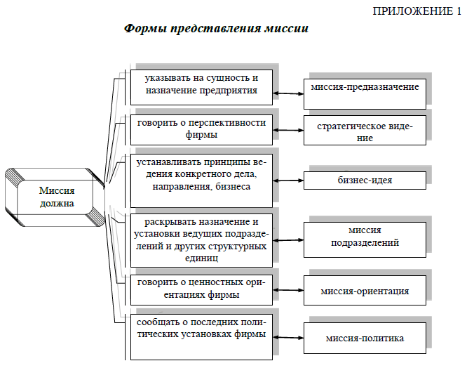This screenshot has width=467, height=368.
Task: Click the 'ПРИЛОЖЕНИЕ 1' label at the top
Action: coord(417,11)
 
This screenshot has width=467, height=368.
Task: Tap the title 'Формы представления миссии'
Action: coord(216,29)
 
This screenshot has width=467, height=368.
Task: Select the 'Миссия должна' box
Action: coord(55,197)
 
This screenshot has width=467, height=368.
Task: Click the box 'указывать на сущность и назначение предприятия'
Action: coord(201,87)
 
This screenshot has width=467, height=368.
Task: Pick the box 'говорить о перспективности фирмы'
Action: coord(201,130)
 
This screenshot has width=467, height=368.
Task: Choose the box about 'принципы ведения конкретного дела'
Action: coord(201,180)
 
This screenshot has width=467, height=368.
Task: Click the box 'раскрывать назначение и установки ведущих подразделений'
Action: coord(201,240)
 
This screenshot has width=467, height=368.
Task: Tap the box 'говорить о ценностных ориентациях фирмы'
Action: coord(201,290)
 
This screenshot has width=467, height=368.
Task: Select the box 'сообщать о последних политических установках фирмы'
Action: coord(201,336)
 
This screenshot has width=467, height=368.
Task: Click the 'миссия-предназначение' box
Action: coord(365,94)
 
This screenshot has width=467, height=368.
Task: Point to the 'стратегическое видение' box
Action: coord(365,131)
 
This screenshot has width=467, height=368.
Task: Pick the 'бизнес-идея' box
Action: coord(365,180)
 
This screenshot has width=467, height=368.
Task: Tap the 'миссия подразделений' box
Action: coord(365,239)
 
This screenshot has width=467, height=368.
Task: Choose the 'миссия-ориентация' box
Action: coord(365,290)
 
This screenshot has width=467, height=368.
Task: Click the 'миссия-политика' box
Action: coord(365,338)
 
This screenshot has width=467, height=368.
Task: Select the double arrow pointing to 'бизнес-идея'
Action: coord(288,180)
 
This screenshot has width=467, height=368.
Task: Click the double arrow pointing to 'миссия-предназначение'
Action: coord(288,93)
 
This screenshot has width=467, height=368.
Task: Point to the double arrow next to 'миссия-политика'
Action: coord(288,338)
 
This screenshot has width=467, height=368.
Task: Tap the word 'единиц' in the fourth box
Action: coord(201,258)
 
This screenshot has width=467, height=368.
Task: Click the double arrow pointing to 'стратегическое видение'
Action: coord(288,130)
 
